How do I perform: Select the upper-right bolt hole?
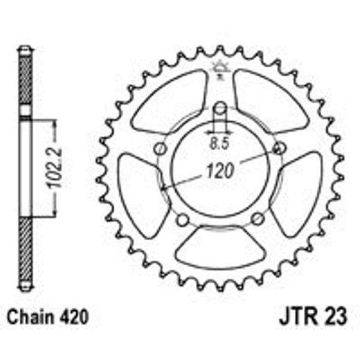click(279, 148)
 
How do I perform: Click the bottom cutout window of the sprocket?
click(219, 243)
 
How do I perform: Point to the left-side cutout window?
click(138, 189)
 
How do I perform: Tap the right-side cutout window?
click(300, 189)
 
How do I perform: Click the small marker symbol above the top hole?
click(219, 66)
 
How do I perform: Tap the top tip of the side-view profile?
click(25, 48)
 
